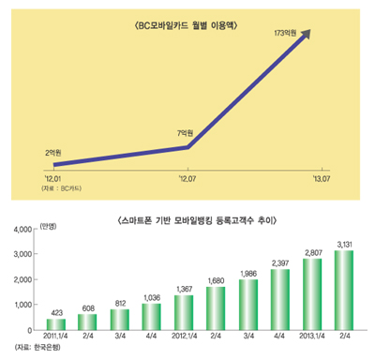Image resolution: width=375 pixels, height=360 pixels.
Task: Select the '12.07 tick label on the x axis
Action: tap(187, 174)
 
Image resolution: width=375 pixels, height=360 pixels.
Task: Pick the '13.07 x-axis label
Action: tap(322, 174)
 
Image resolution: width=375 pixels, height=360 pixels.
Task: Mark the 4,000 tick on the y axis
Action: tap(20, 228)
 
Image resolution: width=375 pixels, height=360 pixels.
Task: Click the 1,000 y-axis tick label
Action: tap(20, 305)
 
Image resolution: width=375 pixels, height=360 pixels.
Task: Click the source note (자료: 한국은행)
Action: tap(37, 351)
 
